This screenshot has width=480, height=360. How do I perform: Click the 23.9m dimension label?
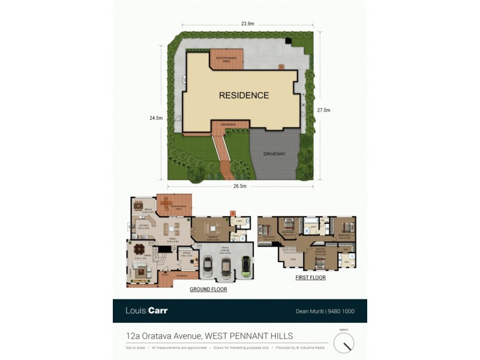tap(248, 24)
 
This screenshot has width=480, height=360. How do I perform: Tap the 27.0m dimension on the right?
tap(323, 110)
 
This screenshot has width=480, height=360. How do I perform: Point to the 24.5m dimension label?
tap(155, 118)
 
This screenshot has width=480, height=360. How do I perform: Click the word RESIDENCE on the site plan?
tap(244, 95)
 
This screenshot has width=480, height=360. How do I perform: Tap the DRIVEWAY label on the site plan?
tap(274, 154)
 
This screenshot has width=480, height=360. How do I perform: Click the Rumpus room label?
tap(212, 235)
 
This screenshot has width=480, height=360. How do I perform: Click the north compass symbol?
tap(344, 342)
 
